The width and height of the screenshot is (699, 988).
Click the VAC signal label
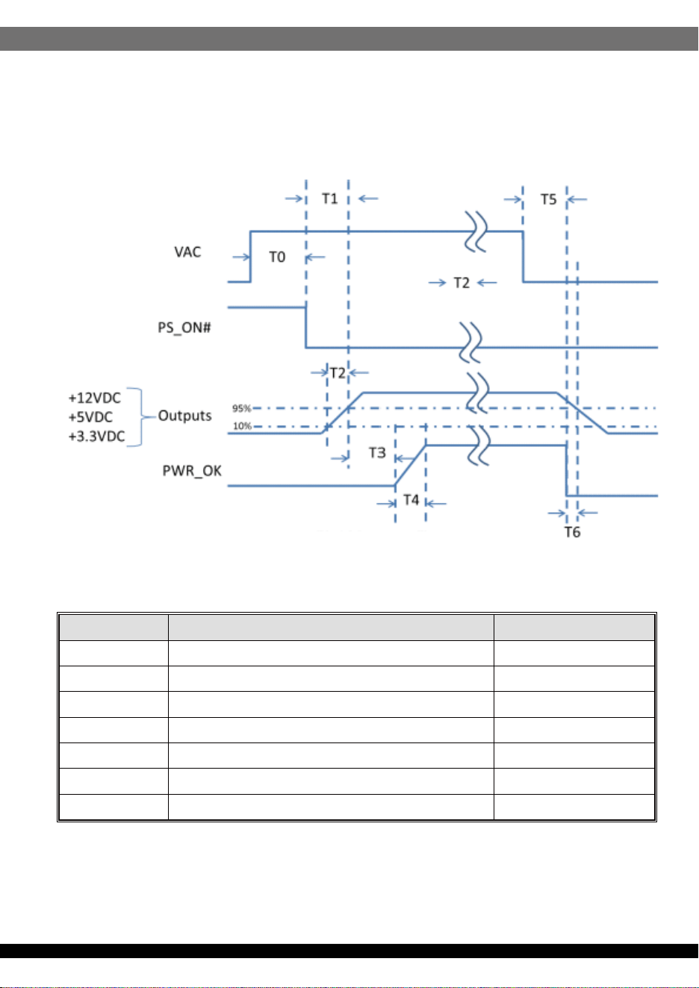click(x=187, y=252)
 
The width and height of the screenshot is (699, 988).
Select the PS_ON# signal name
click(x=184, y=328)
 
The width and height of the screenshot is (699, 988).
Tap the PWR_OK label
click(x=192, y=471)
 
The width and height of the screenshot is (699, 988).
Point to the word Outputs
click(x=185, y=416)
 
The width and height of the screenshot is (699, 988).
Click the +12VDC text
click(x=94, y=398)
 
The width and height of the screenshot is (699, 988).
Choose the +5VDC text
click(x=90, y=417)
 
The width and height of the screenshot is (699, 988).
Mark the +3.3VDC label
click(x=96, y=437)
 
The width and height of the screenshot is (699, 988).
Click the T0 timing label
click(x=277, y=257)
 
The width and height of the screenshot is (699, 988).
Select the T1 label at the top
click(x=329, y=198)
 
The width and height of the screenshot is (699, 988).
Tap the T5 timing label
click(x=548, y=199)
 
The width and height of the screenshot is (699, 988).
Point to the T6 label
click(x=572, y=532)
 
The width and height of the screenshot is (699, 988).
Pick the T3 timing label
click(x=377, y=452)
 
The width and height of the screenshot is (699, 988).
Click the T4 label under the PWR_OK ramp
click(x=411, y=500)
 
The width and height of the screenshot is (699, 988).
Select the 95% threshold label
click(x=241, y=408)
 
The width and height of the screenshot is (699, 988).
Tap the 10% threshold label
click(x=242, y=426)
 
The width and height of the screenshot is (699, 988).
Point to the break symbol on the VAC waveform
click(x=476, y=231)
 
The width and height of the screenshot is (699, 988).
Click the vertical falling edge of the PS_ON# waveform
click(x=306, y=328)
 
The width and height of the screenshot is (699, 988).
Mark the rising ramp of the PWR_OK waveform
click(x=411, y=466)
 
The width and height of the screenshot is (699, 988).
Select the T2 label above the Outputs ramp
click(x=338, y=373)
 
